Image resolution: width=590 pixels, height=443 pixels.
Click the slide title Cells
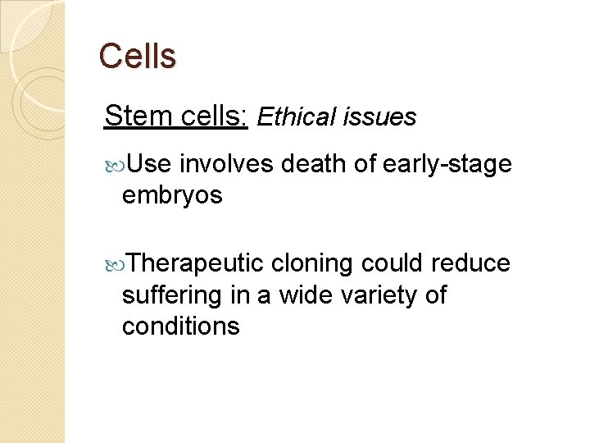pos(137,57)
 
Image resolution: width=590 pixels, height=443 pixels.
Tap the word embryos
pos(172,195)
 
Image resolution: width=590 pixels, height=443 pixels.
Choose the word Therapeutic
pos(196,263)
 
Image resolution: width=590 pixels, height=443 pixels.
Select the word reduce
pos(470,263)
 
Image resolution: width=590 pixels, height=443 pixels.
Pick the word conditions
pos(180,326)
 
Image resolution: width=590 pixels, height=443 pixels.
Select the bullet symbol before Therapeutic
pos(114,264)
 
